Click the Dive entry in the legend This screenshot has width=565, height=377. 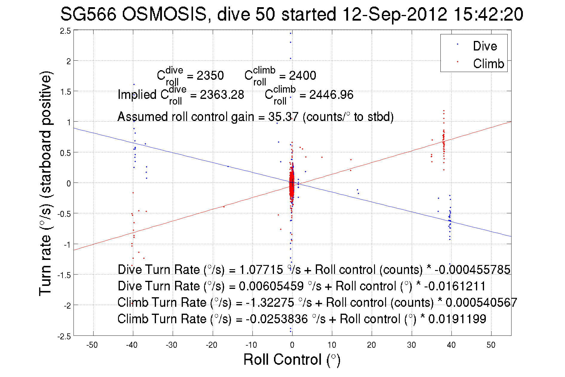click(x=485, y=46)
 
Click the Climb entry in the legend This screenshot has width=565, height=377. click(x=488, y=64)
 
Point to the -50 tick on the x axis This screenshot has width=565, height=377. click(x=92, y=345)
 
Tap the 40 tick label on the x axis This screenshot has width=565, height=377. click(x=451, y=345)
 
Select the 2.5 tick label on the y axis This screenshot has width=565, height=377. click(x=65, y=31)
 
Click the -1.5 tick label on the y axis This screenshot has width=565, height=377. click(x=64, y=275)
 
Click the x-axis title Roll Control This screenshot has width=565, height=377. click(x=292, y=359)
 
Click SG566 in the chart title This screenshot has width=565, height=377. click(x=88, y=14)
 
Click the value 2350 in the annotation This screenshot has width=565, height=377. click(x=210, y=76)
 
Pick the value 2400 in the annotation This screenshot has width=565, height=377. click(x=302, y=76)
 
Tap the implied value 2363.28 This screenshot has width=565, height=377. click(x=222, y=95)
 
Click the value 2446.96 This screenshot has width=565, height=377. click(x=331, y=95)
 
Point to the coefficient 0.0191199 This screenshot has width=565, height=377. click(x=457, y=319)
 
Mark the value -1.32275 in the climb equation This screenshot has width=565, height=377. click(x=270, y=303)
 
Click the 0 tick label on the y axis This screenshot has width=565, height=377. click(x=69, y=183)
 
